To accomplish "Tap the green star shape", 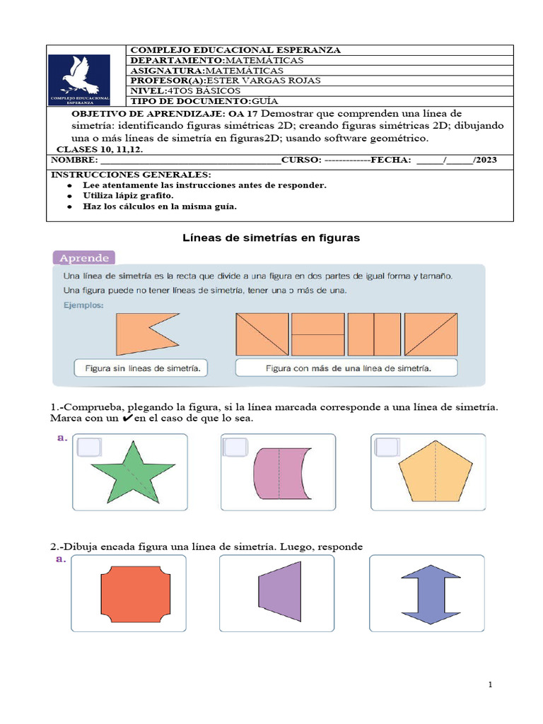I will tap(132, 472).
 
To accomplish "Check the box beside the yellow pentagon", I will tap(387, 448).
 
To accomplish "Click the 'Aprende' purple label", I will tap(83, 257).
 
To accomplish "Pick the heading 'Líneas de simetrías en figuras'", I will tap(271, 238).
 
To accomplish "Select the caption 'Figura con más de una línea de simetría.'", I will tap(348, 368).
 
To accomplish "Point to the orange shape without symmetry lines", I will tap(145, 334).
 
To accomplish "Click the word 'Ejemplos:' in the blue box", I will tap(83, 305).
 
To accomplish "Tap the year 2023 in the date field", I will tap(486, 160).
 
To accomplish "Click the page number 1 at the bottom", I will tap(489, 685).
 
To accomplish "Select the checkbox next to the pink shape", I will tap(235, 448).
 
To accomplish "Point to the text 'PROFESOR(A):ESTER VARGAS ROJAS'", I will tap(225, 81).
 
